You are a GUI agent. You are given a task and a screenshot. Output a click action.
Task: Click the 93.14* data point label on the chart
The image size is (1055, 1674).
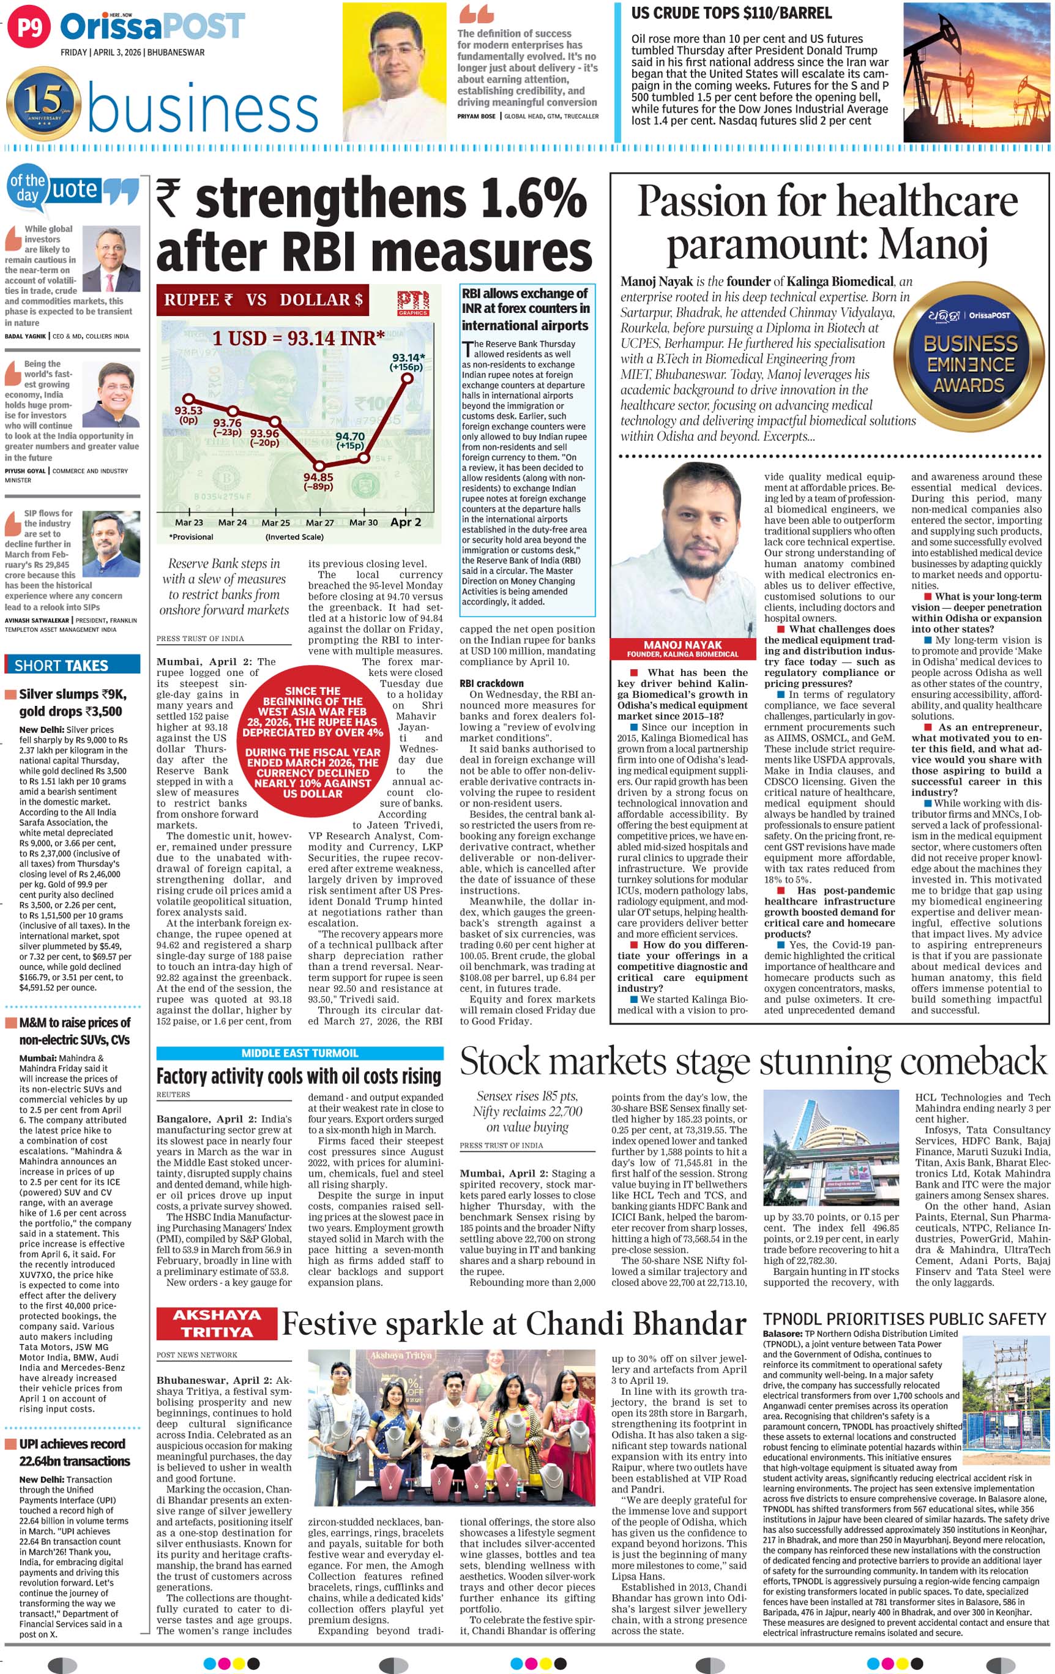[408, 362]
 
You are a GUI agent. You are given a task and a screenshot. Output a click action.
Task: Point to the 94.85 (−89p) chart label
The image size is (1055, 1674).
[318, 481]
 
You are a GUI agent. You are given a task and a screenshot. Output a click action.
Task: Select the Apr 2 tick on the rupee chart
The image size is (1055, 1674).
[406, 522]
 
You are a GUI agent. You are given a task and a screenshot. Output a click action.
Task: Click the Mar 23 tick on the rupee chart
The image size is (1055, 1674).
[189, 523]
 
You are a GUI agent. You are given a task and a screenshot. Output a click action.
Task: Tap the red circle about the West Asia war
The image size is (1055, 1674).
[313, 741]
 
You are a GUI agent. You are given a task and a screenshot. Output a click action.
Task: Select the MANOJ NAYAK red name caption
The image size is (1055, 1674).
[682, 648]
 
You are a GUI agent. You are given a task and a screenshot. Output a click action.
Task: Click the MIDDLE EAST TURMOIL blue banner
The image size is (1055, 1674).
[299, 1053]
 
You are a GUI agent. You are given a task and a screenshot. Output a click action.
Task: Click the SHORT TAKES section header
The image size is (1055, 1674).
[61, 666]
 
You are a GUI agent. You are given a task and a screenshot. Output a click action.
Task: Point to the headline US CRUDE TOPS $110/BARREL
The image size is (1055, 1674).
[731, 13]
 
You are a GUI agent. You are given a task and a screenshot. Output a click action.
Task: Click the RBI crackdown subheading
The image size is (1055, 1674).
[491, 683]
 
